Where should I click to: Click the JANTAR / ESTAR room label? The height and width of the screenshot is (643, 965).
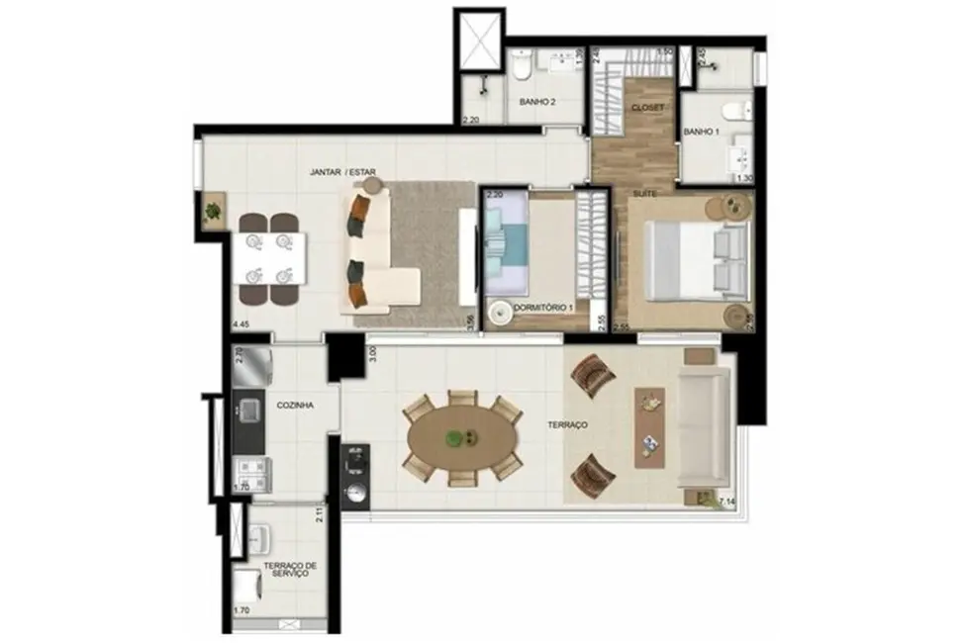[x=342, y=171]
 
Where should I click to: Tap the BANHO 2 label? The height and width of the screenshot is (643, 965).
[x=537, y=102]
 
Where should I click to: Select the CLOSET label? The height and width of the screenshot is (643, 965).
[x=643, y=106]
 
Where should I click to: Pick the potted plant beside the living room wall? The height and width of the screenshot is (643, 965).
[x=212, y=211]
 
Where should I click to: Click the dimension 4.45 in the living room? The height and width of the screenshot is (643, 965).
[x=240, y=323]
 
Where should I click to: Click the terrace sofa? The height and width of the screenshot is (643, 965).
[x=704, y=428]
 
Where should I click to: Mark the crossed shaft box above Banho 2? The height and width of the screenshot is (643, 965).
[x=479, y=42]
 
